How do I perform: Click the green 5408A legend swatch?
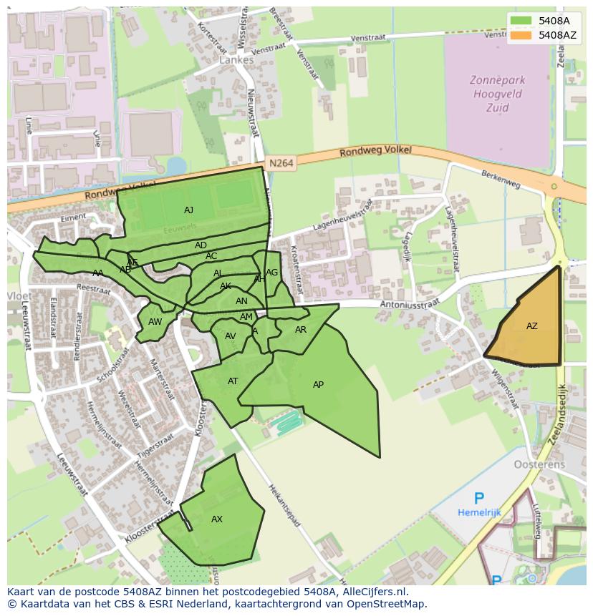521,21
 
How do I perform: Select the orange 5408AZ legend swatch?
521,35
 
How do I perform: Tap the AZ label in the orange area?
531,326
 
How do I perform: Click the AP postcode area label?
318,385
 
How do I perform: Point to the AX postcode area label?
217,519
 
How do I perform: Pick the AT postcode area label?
233,381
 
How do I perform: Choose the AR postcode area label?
301,330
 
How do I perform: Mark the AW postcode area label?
155,322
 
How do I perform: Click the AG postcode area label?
271,273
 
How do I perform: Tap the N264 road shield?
281,164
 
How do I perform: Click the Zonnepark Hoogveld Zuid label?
496,94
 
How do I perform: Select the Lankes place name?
236,61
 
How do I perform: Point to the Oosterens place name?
539,464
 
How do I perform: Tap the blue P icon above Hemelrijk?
478,499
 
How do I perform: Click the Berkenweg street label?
501,178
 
